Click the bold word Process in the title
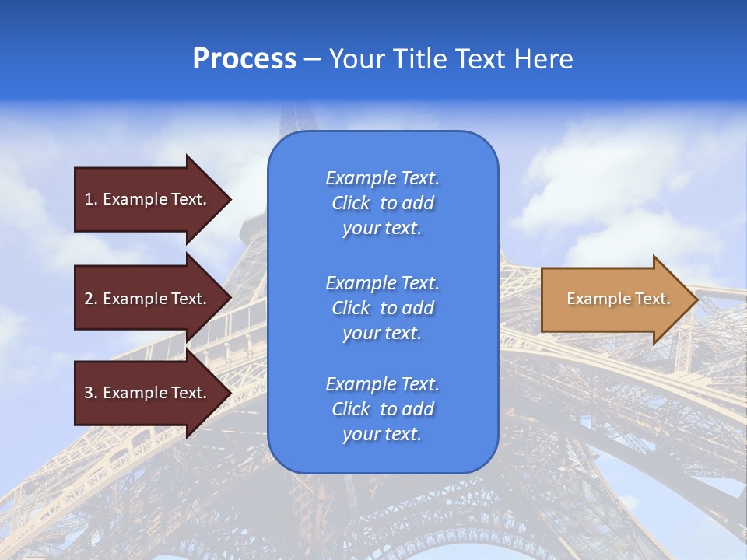244,59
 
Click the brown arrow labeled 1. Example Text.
148,199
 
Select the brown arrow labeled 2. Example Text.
148,299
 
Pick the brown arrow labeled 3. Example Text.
148,393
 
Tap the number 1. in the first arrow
91,199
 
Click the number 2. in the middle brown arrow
91,299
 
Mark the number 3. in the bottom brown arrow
91,393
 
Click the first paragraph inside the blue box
382,203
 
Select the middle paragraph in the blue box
382,308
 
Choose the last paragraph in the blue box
382,409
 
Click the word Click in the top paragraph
351,203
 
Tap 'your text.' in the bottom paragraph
382,435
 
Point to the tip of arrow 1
230,199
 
